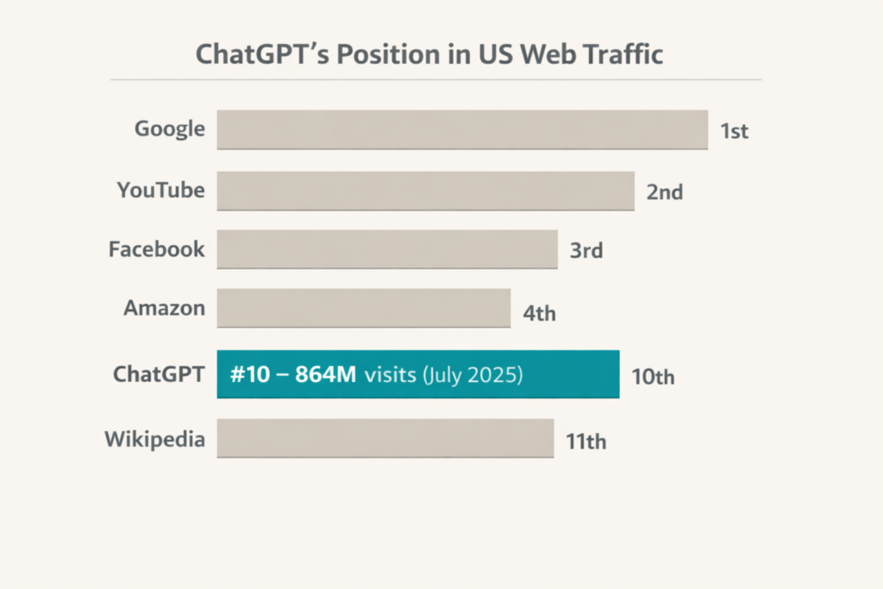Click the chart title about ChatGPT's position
tap(429, 54)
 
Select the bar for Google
tap(462, 129)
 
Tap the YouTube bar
tap(425, 191)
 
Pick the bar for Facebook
tap(387, 249)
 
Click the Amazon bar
tap(363, 308)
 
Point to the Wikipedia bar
tap(385, 438)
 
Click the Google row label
tap(170, 129)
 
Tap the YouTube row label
tap(161, 190)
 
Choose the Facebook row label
tap(157, 249)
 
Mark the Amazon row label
tap(165, 308)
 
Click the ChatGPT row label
tap(160, 375)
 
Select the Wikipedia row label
tap(155, 439)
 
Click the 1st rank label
tap(735, 132)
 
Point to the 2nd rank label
tap(665, 192)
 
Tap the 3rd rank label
tap(586, 252)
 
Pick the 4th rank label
tap(540, 312)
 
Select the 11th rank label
tap(586, 442)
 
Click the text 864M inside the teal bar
tap(326, 375)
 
